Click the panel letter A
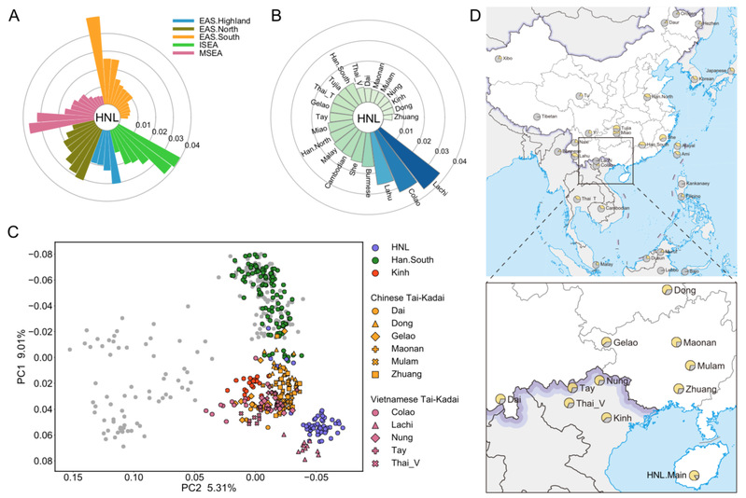[12, 14]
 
